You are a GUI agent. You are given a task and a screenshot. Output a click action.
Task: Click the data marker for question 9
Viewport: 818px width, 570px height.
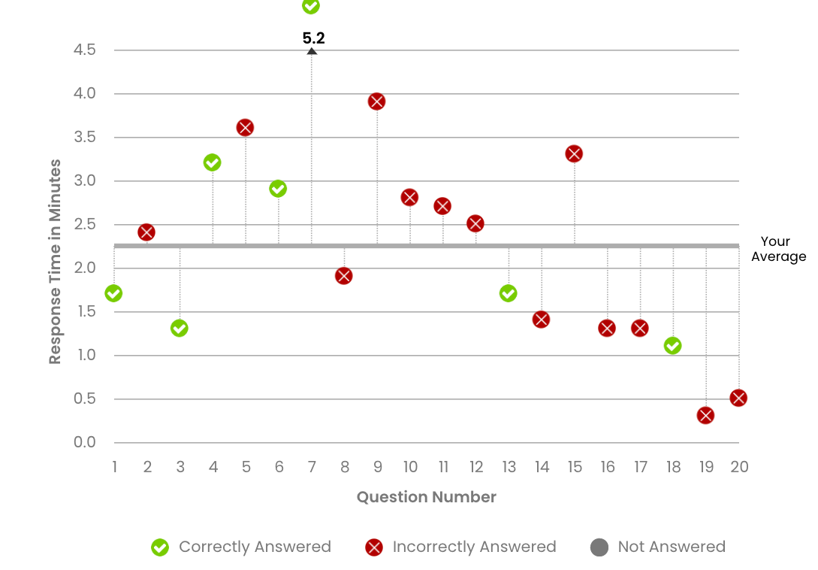tap(377, 102)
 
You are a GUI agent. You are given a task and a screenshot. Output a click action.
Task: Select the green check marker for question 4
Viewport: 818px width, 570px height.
tap(212, 162)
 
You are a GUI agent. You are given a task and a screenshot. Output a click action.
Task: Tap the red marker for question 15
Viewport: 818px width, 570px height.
tap(575, 153)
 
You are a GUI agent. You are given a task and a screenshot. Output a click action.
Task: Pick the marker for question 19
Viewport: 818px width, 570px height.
tap(705, 415)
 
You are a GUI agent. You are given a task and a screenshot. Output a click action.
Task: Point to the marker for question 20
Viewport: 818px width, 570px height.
tap(738, 398)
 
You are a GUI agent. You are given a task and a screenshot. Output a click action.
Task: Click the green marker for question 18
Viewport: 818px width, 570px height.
tap(673, 345)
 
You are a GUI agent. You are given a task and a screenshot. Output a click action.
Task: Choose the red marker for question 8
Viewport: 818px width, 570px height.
tap(344, 275)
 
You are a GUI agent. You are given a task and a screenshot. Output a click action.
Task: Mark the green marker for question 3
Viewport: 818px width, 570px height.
tap(179, 328)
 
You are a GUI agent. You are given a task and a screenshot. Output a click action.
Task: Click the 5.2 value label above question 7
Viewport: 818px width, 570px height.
tap(314, 38)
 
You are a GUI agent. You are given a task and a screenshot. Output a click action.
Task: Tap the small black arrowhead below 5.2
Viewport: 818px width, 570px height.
tap(312, 51)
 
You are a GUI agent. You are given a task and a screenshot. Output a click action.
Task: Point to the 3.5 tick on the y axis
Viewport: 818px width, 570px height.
tap(85, 138)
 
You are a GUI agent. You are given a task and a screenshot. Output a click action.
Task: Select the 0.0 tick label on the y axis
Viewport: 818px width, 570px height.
tap(85, 442)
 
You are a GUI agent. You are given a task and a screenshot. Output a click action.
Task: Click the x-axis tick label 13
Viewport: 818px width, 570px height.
tap(509, 467)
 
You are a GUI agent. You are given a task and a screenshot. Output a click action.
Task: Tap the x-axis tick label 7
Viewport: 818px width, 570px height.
tap(312, 467)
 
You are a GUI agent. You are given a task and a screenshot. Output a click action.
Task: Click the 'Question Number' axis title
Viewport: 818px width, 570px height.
tap(426, 497)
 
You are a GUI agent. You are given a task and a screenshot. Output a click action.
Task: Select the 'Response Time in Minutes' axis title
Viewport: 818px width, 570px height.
tap(55, 262)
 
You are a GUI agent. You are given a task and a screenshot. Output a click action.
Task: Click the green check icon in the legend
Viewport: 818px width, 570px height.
tap(160, 547)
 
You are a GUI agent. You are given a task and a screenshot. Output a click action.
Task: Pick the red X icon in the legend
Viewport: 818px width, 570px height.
tap(373, 547)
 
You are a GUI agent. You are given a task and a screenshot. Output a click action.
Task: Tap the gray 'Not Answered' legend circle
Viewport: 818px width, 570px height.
tap(599, 547)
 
